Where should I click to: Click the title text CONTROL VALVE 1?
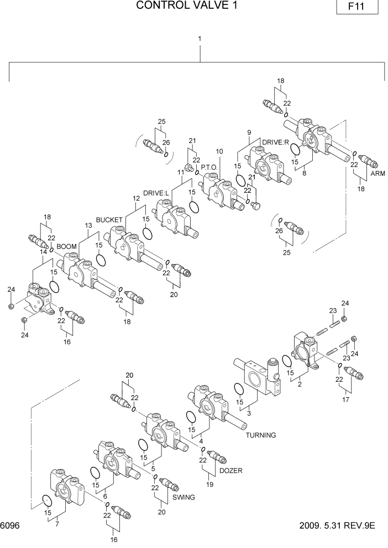[x=175, y=6]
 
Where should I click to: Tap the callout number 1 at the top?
[x=199, y=39]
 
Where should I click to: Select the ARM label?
[x=377, y=173]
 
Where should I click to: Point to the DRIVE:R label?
[x=276, y=143]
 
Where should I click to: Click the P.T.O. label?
[x=209, y=166]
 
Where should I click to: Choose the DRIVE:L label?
[x=156, y=193]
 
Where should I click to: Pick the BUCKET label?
[x=109, y=219]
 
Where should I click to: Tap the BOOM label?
[x=66, y=246]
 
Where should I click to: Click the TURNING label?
[x=261, y=435]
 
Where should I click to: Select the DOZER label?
[x=231, y=471]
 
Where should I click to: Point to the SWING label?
[x=183, y=497]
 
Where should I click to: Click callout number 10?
[x=219, y=151]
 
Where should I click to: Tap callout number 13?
[x=88, y=225]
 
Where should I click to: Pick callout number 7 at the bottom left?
[x=57, y=524]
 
